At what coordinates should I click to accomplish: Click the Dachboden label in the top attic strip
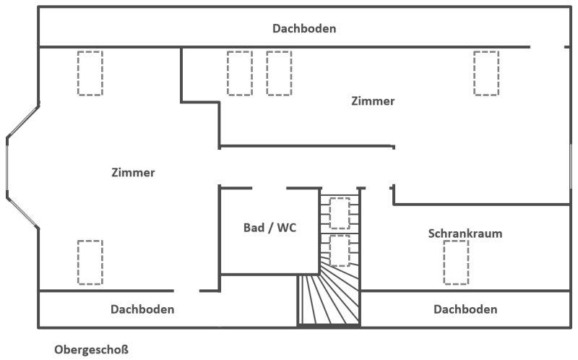(x=304, y=28)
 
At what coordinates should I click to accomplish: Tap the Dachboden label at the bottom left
(x=142, y=309)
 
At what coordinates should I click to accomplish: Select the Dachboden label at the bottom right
(x=465, y=309)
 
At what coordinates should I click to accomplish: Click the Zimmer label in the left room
(x=133, y=172)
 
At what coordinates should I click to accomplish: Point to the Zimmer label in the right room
(x=373, y=101)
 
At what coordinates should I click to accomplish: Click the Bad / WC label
(x=269, y=228)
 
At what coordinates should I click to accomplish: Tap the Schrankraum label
(x=465, y=233)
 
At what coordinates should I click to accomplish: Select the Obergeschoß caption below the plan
(x=92, y=349)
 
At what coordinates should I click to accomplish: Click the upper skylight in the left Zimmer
(x=90, y=74)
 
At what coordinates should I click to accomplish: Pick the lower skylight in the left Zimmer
(x=90, y=262)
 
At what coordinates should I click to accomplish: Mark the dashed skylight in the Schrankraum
(x=456, y=262)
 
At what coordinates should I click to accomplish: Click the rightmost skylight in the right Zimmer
(x=486, y=74)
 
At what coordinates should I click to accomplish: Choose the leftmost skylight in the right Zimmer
(x=240, y=74)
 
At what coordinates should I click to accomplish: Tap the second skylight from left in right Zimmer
(x=279, y=74)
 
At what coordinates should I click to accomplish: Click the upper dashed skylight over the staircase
(x=340, y=213)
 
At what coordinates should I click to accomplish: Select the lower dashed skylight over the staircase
(x=340, y=251)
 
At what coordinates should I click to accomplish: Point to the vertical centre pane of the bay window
(x=7, y=164)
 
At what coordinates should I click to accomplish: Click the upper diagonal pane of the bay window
(x=22, y=122)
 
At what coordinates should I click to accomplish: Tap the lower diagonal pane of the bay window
(x=22, y=212)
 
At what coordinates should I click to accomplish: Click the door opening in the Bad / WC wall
(x=269, y=188)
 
